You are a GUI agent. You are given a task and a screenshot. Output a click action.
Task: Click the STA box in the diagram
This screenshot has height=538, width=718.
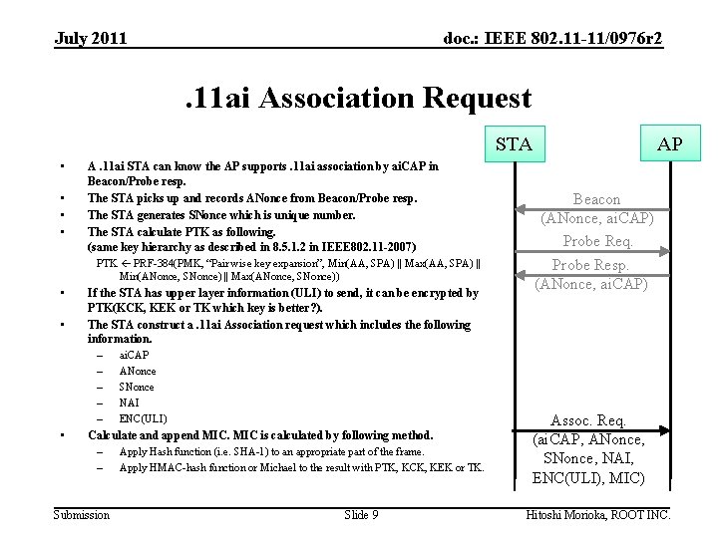(514, 144)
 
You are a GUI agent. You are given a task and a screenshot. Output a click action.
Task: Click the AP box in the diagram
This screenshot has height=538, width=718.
(670, 144)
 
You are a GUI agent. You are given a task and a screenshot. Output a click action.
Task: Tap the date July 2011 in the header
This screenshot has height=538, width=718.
(91, 39)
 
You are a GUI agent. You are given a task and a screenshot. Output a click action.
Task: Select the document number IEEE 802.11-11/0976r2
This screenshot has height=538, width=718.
(552, 39)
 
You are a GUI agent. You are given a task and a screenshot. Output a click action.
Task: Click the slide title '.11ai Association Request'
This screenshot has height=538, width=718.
(359, 99)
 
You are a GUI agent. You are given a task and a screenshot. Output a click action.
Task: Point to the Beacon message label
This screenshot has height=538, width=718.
(596, 199)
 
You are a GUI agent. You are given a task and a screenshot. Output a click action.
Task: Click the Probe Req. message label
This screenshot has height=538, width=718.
(597, 241)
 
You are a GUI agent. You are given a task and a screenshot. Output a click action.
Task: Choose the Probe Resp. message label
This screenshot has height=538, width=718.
(590, 265)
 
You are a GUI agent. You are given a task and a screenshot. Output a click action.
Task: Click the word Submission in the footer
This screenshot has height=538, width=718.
(82, 515)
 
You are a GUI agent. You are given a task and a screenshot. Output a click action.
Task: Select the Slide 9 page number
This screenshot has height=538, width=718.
(361, 515)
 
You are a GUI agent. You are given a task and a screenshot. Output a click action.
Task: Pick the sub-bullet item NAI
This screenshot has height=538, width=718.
(130, 403)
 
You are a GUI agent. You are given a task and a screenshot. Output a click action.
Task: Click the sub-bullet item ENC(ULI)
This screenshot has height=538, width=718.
(143, 418)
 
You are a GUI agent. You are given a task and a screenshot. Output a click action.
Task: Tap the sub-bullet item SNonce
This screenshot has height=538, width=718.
(137, 387)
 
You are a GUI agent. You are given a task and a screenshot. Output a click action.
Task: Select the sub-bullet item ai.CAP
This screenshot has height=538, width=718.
(134, 355)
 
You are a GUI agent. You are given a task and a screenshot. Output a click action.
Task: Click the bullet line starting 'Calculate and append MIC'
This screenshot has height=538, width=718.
(260, 434)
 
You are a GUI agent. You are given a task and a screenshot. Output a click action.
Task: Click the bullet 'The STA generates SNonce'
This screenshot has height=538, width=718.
(220, 214)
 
